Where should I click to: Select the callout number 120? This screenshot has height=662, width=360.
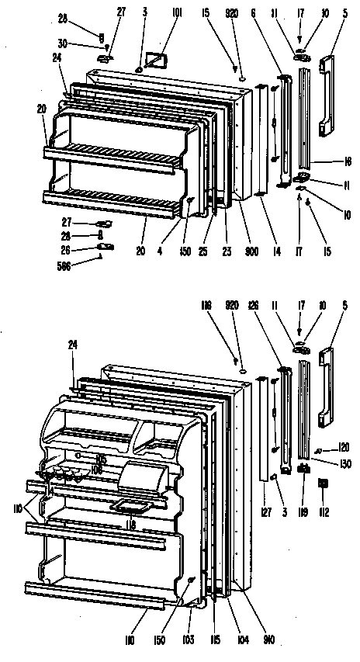[344, 449]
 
